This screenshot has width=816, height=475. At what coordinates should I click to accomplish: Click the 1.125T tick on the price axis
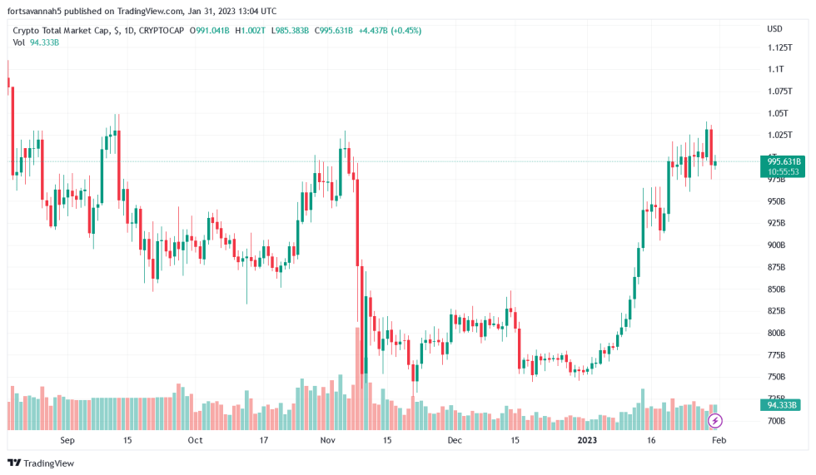tap(779, 47)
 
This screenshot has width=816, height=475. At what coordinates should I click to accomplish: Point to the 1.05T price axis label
tap(778, 113)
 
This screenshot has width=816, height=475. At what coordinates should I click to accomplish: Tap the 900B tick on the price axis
tap(776, 245)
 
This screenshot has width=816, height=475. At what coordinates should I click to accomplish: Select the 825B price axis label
tap(776, 311)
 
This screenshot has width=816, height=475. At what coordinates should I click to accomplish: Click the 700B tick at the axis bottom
tap(776, 422)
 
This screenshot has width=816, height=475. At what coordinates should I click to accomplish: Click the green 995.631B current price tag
tap(784, 161)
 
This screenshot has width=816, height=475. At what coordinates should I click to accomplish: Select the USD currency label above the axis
tap(774, 28)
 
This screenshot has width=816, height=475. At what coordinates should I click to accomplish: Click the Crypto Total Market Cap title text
tap(62, 31)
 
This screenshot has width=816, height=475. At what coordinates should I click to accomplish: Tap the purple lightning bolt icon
tap(714, 421)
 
